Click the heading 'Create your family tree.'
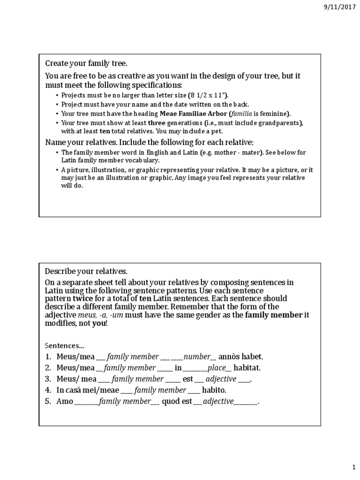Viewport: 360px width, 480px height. pos(86,63)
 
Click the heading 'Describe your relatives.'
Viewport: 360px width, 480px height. pos(86,271)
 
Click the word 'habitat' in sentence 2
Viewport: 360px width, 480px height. pos(247,368)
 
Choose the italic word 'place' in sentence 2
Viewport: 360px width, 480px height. pos(217,368)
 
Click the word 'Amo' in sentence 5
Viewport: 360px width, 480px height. pos(65,401)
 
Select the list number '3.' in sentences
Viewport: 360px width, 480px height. pos(48,379)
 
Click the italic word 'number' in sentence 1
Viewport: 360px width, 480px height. pos(198,357)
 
